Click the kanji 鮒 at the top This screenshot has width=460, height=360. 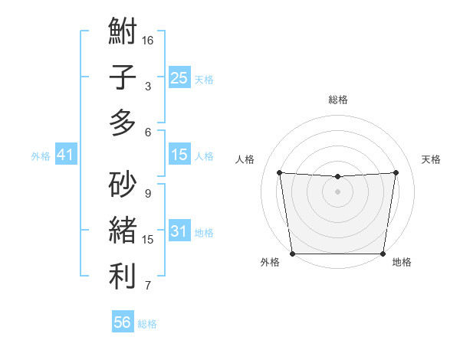click(x=123, y=33)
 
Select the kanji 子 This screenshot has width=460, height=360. click(x=123, y=77)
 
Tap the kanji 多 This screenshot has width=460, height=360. click(x=123, y=123)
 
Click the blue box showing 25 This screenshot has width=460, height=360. click(x=179, y=77)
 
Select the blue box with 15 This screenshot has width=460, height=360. click(x=179, y=155)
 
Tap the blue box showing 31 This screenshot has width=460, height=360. click(x=179, y=231)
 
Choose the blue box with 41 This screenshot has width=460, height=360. click(x=65, y=155)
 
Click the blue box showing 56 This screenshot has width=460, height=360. click(x=123, y=322)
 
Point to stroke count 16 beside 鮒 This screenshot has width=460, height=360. click(x=148, y=40)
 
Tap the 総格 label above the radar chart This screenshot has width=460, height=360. click(x=337, y=100)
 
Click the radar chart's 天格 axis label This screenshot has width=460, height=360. click(x=431, y=159)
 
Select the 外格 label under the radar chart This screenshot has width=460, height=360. click(x=270, y=262)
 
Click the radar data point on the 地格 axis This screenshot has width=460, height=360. click(x=383, y=254)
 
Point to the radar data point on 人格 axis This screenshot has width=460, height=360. click(x=279, y=172)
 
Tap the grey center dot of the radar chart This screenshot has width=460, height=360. click(x=337, y=191)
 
